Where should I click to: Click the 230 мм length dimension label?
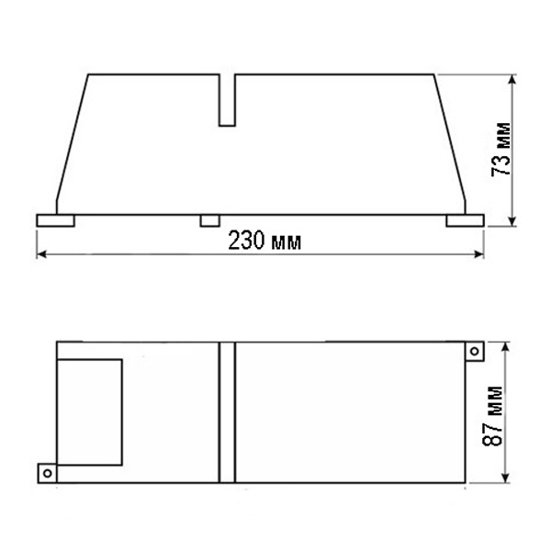pos(264,241)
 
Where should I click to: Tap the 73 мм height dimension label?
pos(500,150)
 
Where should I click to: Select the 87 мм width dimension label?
pos(492,416)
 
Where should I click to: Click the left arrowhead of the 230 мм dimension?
pos(41,254)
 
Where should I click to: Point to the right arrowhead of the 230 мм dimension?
pos(479,254)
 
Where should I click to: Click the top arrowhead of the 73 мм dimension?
pos(512,79)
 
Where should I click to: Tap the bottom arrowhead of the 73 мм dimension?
pos(512,221)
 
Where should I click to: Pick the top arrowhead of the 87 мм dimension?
pos(505,346)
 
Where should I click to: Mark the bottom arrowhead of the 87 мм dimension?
pos(505,478)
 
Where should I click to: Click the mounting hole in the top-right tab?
pos(475,351)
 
